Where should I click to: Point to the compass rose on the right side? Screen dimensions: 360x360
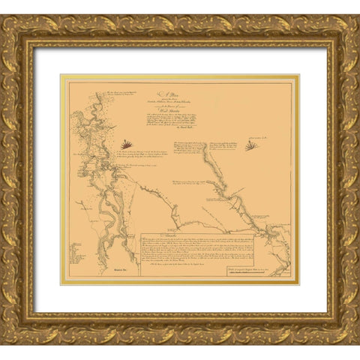253,145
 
